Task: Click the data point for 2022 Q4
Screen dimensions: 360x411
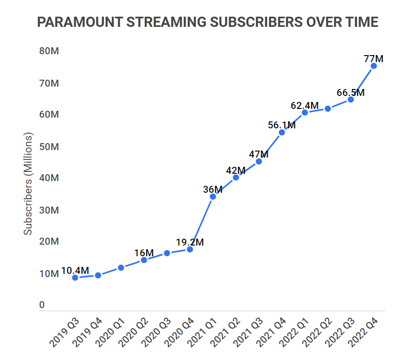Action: coord(373,66)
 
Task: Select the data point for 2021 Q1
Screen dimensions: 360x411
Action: coord(213,196)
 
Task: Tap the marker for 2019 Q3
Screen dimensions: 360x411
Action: coord(75,278)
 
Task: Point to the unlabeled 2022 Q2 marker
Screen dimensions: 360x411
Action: coord(328,108)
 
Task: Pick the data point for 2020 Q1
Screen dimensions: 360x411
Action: coord(121,267)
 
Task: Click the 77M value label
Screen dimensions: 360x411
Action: coord(373,59)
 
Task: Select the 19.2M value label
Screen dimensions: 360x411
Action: coord(190,242)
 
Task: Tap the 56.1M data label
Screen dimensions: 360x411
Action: coord(282,125)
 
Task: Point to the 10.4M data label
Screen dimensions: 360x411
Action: coord(75,271)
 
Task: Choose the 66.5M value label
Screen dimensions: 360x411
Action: coord(351,93)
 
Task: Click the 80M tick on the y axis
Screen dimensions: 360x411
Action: coord(49,51)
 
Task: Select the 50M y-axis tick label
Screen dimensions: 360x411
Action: coord(49,147)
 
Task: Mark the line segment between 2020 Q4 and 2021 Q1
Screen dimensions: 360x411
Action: coord(201,223)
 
